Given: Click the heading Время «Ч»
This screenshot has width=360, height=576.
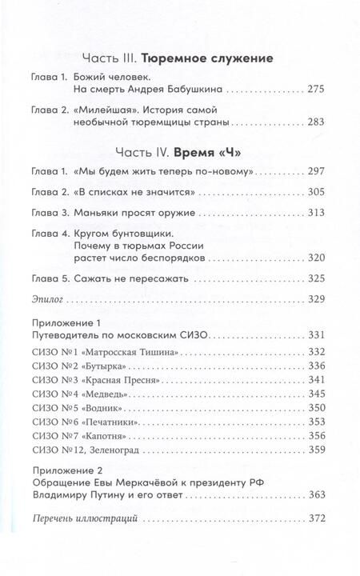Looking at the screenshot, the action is [x=209, y=152].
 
